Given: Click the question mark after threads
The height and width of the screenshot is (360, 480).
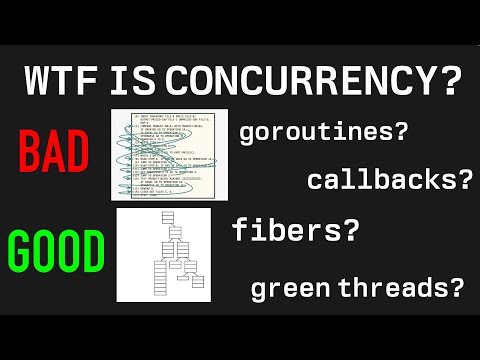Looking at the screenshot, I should pyautogui.click(x=456, y=289).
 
